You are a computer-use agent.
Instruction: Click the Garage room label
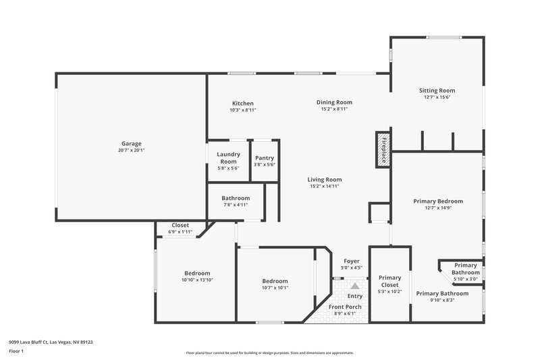click(131, 143)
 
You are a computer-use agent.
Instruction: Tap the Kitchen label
click(242, 103)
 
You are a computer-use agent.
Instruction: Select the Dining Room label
click(334, 103)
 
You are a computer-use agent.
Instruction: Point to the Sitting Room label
click(437, 91)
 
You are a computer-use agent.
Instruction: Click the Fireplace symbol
click(383, 149)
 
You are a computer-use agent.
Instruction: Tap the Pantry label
click(265, 157)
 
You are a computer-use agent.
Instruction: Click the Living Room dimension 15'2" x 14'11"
click(325, 186)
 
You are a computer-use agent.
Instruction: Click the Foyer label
click(352, 261)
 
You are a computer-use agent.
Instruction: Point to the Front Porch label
click(345, 307)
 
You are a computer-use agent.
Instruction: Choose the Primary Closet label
click(389, 281)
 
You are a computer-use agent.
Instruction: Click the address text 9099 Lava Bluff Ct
click(37, 342)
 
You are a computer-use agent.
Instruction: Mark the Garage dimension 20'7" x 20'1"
click(131, 150)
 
